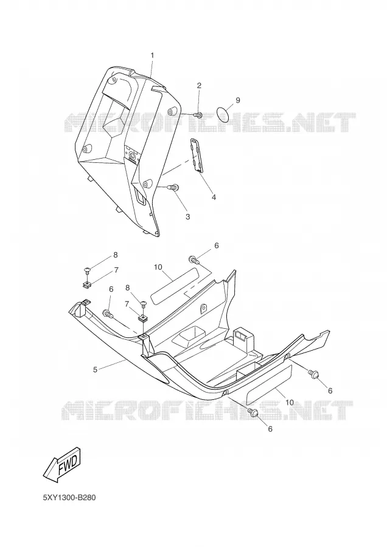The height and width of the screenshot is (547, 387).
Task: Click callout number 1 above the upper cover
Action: pyautogui.click(x=152, y=55)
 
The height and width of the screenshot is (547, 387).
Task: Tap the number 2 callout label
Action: pyautogui.click(x=199, y=86)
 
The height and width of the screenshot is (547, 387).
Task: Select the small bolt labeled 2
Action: pyautogui.click(x=198, y=114)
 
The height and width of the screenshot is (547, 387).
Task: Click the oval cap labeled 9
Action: pyautogui.click(x=223, y=114)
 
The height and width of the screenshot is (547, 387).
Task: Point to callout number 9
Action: pyautogui.click(x=238, y=100)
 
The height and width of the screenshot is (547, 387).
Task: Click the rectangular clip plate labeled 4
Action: pyautogui.click(x=198, y=155)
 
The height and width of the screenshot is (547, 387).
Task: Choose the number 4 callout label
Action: pyautogui.click(x=214, y=197)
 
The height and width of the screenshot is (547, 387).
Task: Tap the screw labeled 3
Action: pyautogui.click(x=173, y=187)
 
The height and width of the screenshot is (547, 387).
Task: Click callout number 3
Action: pyautogui.click(x=187, y=216)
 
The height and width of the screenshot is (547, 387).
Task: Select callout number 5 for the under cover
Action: pyautogui.click(x=95, y=370)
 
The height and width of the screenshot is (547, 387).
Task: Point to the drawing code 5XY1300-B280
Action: pyautogui.click(x=69, y=497)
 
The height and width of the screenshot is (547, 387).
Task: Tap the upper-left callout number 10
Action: pyautogui.click(x=158, y=267)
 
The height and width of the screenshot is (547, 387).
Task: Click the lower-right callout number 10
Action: pyautogui.click(x=290, y=402)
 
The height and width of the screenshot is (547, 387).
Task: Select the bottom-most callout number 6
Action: pyautogui.click(x=270, y=428)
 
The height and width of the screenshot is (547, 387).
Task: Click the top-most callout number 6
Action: pyautogui.click(x=217, y=246)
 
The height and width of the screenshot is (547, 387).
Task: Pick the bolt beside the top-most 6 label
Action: pyautogui.click(x=194, y=260)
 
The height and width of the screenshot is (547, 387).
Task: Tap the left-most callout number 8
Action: pyautogui.click(x=116, y=255)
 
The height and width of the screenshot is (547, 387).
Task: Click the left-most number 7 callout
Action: pyautogui.click(x=116, y=270)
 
